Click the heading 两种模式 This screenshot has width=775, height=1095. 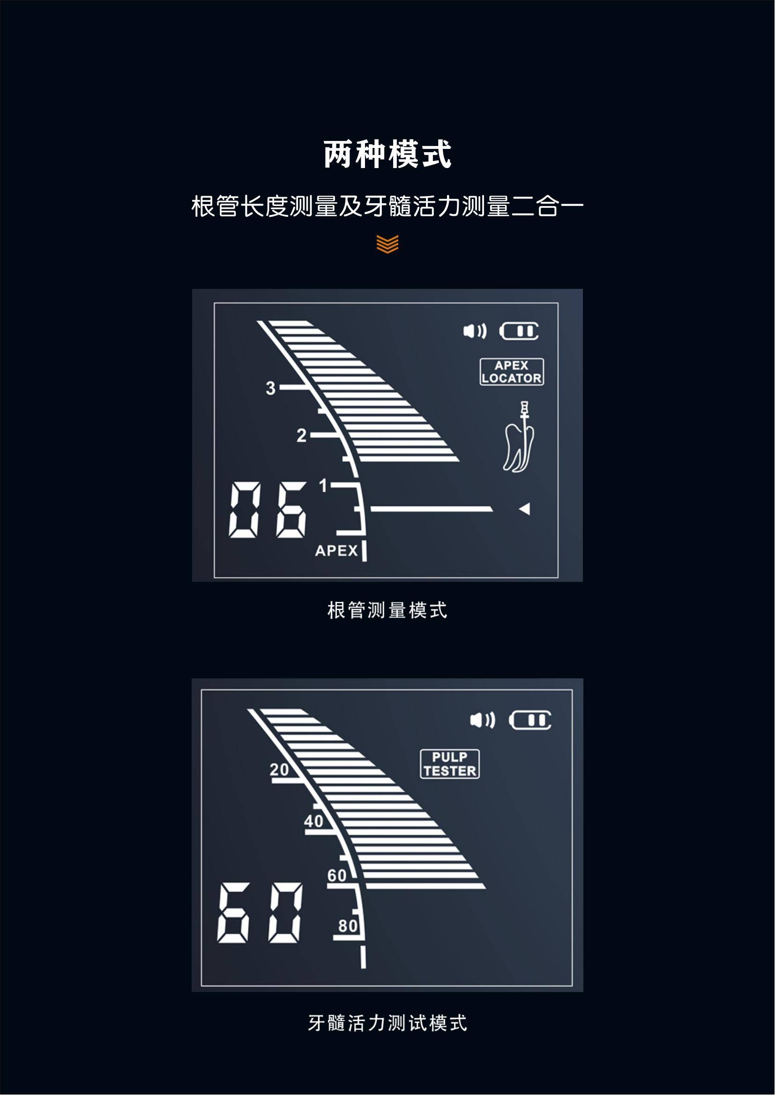(387, 154)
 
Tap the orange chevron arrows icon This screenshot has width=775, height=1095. (387, 244)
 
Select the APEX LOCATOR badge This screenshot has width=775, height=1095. (512, 372)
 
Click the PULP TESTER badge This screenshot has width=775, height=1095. (449, 764)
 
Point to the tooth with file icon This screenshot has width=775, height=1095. (519, 437)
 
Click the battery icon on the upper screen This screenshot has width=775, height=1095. (519, 331)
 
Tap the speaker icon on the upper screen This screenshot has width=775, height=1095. (475, 331)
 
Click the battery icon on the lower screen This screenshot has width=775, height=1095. (530, 720)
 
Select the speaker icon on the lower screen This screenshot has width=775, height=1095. (483, 720)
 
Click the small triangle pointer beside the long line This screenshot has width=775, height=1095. (524, 509)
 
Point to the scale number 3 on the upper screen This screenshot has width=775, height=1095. (270, 388)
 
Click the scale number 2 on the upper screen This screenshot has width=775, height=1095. (301, 435)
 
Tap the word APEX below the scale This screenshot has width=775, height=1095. (336, 551)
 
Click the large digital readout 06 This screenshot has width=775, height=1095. (268, 510)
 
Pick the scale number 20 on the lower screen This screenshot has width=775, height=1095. (279, 769)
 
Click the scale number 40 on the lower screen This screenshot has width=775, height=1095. (313, 821)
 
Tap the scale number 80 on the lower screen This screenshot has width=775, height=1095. (348, 926)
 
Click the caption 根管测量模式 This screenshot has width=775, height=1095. (387, 610)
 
